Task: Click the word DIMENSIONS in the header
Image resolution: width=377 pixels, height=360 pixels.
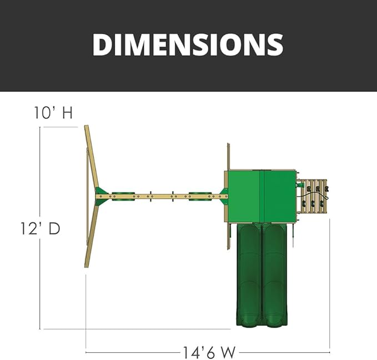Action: click(x=188, y=45)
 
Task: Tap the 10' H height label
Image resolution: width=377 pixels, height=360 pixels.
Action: click(x=53, y=113)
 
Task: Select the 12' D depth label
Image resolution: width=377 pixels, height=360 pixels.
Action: click(x=40, y=228)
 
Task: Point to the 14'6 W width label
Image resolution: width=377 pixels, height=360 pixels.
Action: click(x=209, y=352)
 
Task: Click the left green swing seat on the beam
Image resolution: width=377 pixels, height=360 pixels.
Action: click(x=123, y=196)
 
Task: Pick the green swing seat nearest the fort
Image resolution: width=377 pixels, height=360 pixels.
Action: click(x=200, y=196)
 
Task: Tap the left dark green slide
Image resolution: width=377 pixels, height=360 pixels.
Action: click(x=249, y=275)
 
